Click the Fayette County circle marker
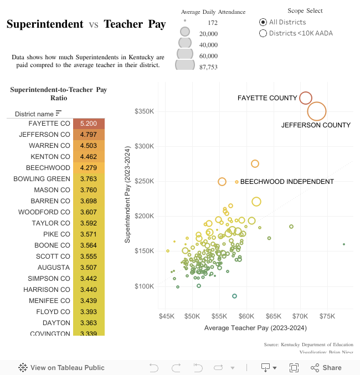coord(306,98)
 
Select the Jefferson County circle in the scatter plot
coord(317,111)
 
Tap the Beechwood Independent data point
coord(236,182)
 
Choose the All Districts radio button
coord(263,22)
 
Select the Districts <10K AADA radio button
coord(263,33)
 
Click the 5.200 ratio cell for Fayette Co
coord(89,124)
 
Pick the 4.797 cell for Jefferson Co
coord(89,135)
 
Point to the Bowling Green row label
coord(42,179)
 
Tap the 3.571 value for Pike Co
coord(89,234)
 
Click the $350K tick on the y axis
coord(144,111)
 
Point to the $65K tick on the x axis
coord(273,316)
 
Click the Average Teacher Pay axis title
coord(255,328)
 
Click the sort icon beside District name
coord(59,114)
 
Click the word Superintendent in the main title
coord(45,24)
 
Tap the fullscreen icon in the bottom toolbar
coord(294,367)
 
